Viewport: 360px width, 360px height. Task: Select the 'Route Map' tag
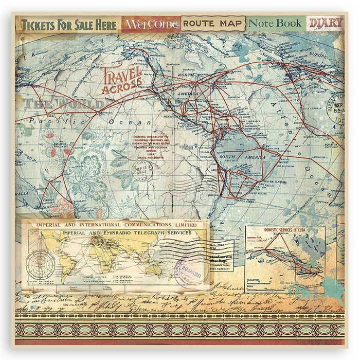coord(212,24)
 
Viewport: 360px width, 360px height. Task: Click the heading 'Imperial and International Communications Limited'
coord(118,225)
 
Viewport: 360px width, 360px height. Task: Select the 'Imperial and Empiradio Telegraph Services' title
coord(125,233)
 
